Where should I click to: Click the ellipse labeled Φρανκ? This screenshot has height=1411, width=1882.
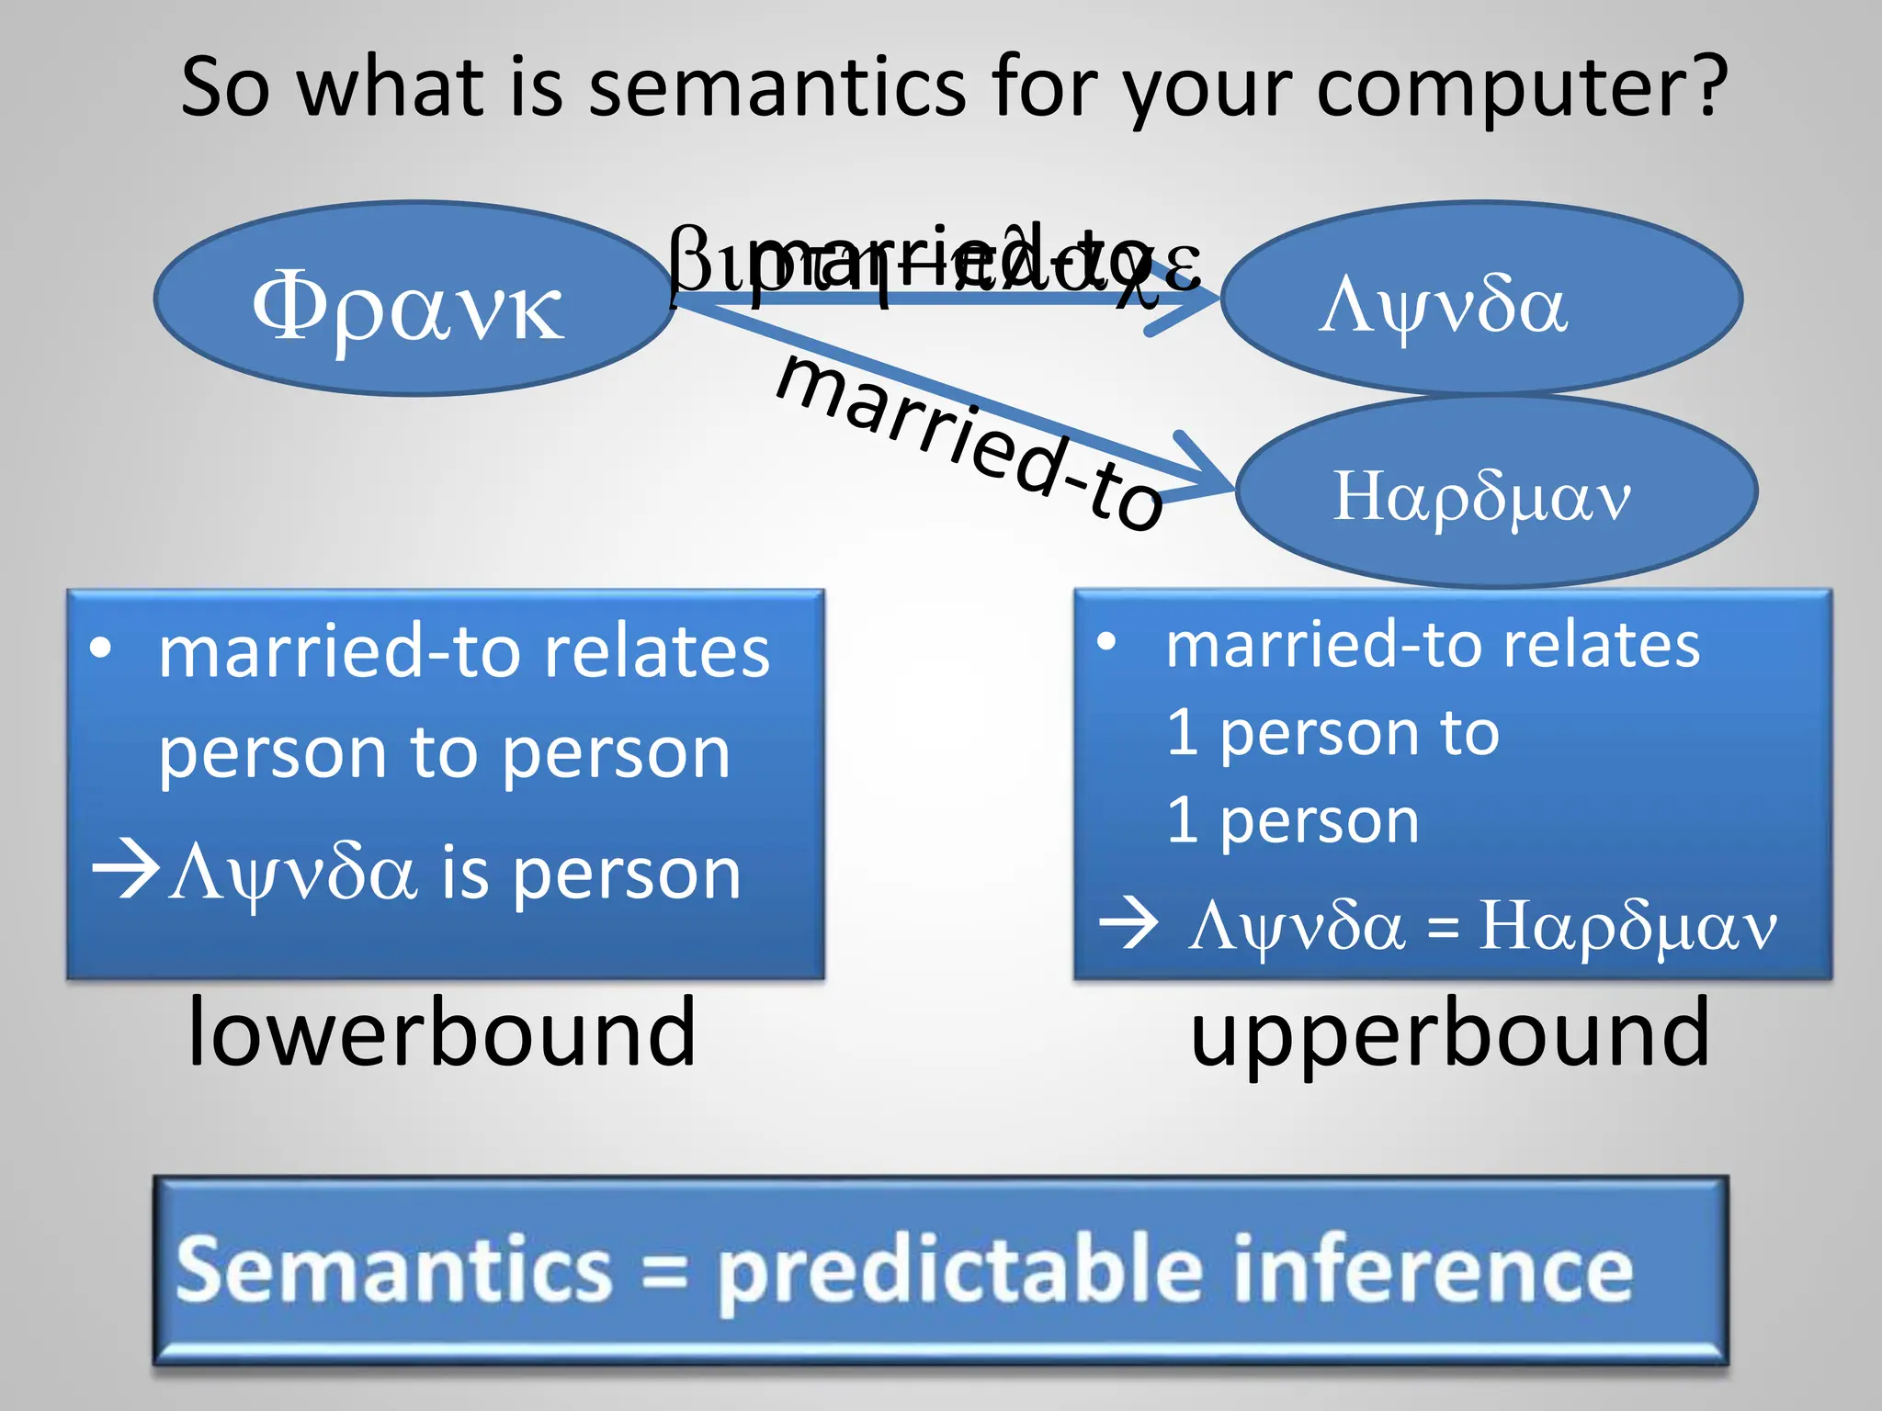click(x=413, y=299)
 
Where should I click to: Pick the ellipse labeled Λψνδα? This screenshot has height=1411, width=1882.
click(x=1481, y=299)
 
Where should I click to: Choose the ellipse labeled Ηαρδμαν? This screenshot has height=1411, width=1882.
click(x=1496, y=493)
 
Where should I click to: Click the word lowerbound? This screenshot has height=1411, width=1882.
click(x=441, y=1033)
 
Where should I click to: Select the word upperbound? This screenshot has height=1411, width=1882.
click(x=1449, y=1033)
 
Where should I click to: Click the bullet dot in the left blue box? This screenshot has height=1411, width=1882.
click(x=101, y=648)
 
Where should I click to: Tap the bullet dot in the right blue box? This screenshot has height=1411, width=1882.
click(x=1107, y=641)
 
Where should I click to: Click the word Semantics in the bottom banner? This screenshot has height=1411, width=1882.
click(x=394, y=1270)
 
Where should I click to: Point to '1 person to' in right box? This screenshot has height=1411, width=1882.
click(x=1332, y=733)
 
